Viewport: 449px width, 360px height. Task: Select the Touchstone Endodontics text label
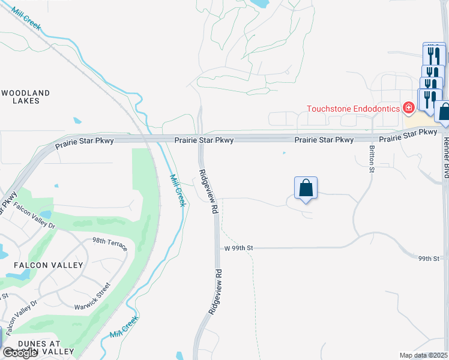354,109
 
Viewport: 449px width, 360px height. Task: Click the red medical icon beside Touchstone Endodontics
409,108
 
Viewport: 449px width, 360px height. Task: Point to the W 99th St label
240,247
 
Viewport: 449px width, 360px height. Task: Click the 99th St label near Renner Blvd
429,259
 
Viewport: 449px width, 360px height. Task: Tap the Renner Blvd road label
445,156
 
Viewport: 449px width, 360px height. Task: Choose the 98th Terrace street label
109,244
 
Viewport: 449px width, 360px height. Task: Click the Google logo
20,353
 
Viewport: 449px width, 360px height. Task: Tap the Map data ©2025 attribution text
423,355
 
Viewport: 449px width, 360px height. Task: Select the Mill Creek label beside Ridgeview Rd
177,191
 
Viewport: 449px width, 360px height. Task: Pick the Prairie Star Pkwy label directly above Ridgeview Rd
203,140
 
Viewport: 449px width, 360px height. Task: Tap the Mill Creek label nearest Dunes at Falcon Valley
124,327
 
